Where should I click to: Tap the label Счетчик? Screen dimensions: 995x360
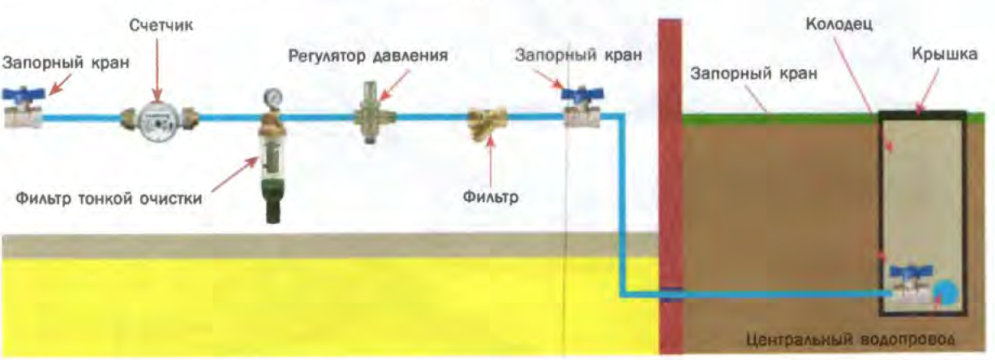click(160, 26)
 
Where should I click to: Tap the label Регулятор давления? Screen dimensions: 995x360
click(369, 58)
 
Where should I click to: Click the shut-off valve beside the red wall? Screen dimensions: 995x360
click(582, 109)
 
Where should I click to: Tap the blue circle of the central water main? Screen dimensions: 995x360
click(946, 291)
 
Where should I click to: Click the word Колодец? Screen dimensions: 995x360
click(838, 25)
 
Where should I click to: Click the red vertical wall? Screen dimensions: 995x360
click(670, 186)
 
